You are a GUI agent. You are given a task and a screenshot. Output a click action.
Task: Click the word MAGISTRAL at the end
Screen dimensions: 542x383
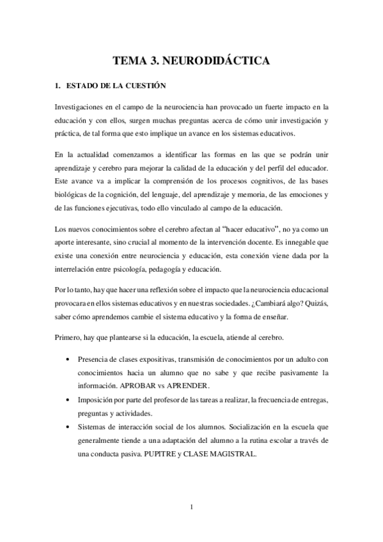tap(235, 454)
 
